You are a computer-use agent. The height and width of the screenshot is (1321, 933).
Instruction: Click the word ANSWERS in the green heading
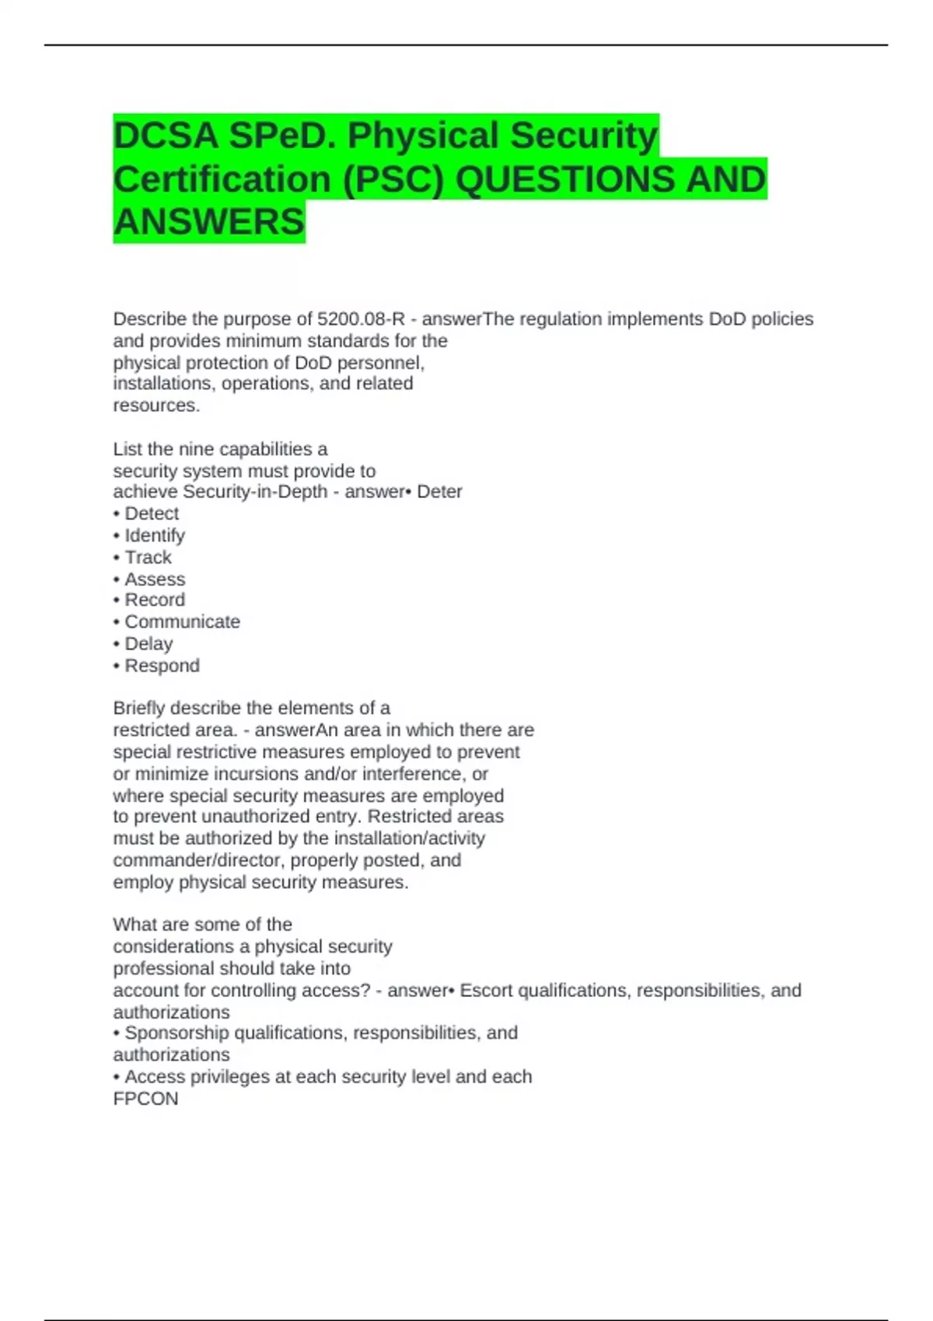tap(209, 222)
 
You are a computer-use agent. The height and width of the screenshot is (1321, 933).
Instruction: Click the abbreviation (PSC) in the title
tap(393, 180)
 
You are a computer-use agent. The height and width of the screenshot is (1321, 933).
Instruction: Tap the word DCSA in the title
tap(166, 136)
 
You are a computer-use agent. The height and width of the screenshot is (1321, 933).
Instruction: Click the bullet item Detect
tap(152, 514)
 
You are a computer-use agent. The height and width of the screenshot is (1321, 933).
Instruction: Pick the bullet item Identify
tap(155, 535)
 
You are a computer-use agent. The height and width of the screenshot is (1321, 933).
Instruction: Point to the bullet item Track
tap(148, 557)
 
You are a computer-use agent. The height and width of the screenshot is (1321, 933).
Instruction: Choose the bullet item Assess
tap(155, 579)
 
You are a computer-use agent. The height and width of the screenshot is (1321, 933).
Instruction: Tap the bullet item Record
tap(155, 600)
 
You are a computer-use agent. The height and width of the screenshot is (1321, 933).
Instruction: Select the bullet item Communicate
tap(182, 622)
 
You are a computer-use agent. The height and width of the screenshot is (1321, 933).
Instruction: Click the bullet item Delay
tap(149, 643)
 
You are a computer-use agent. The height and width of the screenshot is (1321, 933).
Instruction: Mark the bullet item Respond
tap(162, 666)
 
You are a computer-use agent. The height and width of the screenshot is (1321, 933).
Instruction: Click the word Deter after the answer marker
tap(439, 492)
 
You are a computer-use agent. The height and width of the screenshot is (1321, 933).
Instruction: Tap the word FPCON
tap(145, 1099)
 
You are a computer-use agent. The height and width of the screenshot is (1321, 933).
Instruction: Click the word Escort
tap(486, 990)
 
